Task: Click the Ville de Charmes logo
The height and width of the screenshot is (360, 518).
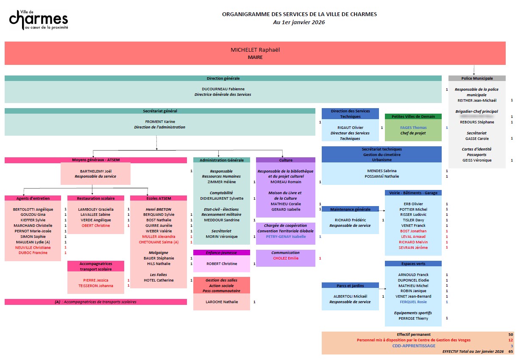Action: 39,20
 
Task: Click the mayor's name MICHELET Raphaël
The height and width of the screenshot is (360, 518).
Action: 255,50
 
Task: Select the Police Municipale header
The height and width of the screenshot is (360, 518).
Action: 477,78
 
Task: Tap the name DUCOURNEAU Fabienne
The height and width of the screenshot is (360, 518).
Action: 223,89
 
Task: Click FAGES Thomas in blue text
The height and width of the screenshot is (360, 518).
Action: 413,128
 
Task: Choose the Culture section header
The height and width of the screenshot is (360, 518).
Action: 286,160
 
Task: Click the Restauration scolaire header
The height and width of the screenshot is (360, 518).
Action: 95,198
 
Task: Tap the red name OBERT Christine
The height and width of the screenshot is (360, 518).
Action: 96,226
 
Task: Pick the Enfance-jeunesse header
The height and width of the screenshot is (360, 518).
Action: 221,253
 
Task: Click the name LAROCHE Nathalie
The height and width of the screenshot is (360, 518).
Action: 222,302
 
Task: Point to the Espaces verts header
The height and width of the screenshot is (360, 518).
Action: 413,264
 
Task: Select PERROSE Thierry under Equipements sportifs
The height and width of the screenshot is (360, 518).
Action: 413,318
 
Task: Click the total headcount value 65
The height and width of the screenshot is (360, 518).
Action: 510,352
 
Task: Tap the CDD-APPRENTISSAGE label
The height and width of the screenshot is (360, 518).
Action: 413,346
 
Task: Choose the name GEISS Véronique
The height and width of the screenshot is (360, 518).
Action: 477,160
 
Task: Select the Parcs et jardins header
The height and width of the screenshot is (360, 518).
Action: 350,285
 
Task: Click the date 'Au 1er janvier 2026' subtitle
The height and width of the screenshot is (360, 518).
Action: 299,22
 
